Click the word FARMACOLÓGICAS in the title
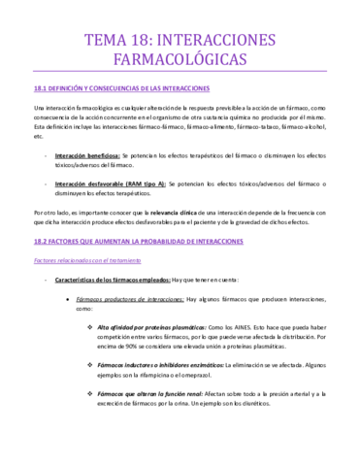point(180,59)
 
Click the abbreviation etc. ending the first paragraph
point(38,136)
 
